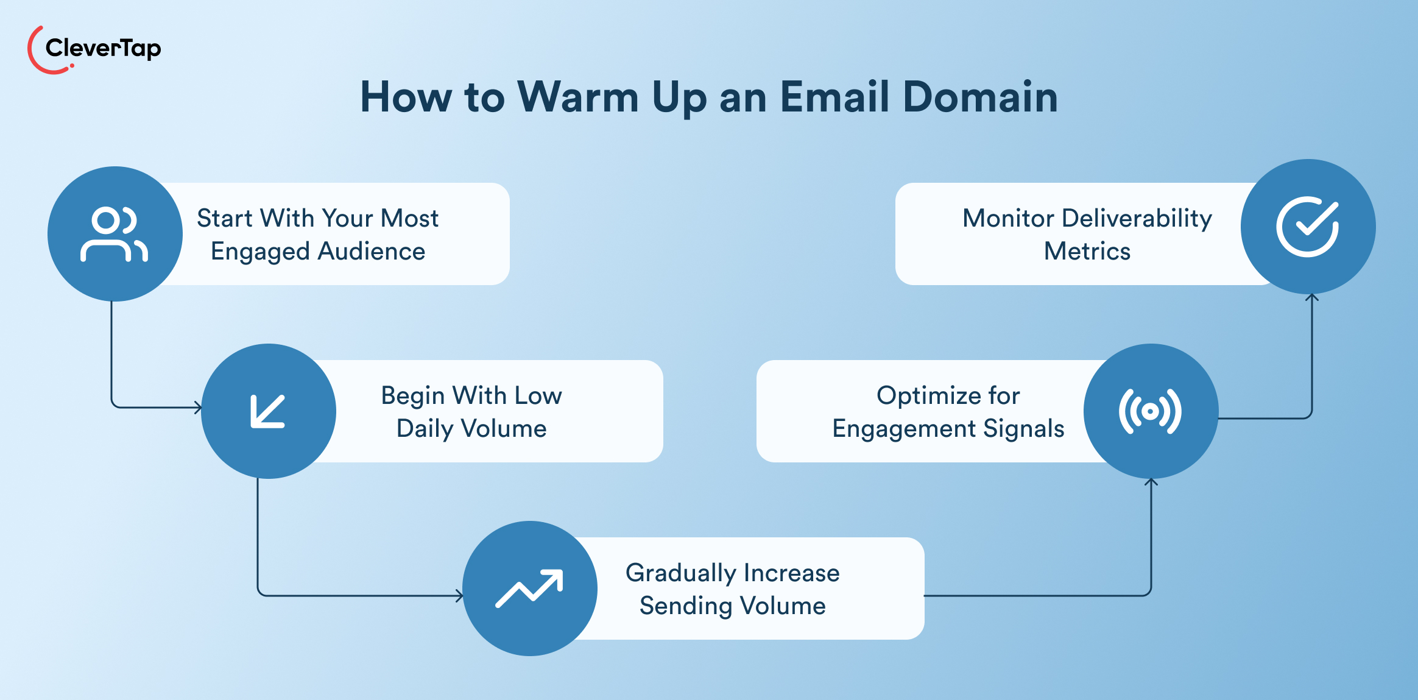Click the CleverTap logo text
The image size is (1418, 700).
tap(103, 48)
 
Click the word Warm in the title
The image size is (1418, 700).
tap(577, 97)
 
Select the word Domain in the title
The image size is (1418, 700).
tap(980, 97)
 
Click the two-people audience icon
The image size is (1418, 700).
tap(114, 235)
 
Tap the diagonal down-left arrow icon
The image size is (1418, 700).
tap(268, 411)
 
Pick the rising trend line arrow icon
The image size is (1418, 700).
tap(529, 589)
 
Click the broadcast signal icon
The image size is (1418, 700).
tap(1150, 412)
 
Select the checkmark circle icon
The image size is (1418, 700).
tap(1308, 227)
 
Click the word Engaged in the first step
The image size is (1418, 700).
tap(260, 252)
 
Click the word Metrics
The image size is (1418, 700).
tap(1087, 252)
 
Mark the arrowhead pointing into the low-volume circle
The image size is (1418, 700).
tap(198, 408)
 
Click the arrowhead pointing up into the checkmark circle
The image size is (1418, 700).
tap(1312, 297)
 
